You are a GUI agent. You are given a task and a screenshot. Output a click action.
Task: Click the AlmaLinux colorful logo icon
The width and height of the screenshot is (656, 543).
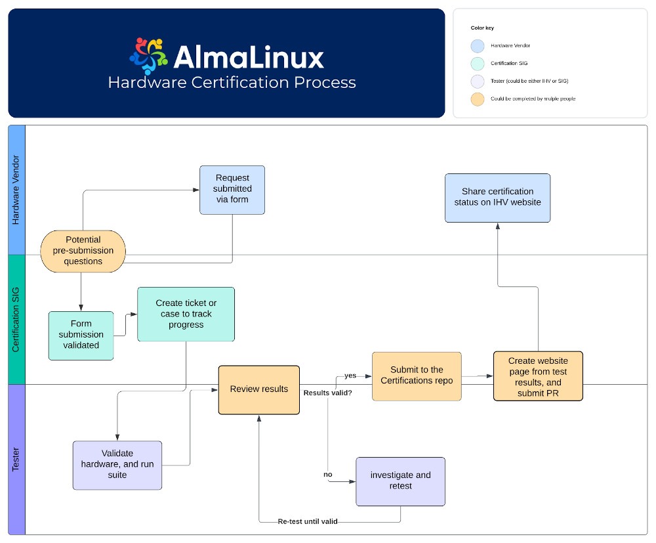148,56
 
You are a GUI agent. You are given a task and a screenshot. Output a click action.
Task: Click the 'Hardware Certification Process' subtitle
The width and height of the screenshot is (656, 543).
232,83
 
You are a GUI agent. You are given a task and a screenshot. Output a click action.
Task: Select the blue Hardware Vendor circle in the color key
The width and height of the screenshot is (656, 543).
478,45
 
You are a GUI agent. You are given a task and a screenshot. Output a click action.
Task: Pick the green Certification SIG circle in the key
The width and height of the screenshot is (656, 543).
478,63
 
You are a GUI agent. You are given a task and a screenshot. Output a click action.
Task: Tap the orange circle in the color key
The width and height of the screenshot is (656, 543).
478,98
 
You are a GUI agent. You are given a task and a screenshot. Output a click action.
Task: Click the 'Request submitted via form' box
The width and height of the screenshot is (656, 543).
232,190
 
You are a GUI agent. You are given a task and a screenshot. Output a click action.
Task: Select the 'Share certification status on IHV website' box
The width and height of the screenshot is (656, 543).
497,198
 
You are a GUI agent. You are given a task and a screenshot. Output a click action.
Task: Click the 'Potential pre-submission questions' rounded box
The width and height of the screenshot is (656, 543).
83,251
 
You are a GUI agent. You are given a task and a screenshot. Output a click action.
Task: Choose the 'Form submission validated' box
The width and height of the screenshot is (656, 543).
81,335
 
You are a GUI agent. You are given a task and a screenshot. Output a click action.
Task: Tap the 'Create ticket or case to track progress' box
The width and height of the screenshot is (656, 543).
186,314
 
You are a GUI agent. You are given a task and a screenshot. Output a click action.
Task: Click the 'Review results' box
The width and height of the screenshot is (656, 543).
258,389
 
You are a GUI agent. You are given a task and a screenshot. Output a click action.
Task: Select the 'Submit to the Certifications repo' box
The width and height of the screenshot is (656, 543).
417,376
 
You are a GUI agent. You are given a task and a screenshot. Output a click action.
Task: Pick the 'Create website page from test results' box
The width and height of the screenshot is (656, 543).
538,376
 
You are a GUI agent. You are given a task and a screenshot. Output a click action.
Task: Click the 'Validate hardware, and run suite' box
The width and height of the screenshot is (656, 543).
117,464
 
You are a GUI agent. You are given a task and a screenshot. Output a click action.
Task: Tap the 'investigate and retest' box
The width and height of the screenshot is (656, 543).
400,481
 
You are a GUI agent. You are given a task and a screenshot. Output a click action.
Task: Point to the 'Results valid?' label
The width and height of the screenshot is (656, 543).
327,393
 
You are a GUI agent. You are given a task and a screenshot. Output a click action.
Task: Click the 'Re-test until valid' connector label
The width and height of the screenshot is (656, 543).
308,521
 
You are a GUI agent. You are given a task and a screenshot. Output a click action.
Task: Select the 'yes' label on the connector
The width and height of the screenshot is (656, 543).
350,376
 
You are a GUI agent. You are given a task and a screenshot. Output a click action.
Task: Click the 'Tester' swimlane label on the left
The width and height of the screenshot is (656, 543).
16,460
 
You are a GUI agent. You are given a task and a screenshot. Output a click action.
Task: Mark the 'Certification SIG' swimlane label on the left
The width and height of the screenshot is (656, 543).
16,320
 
